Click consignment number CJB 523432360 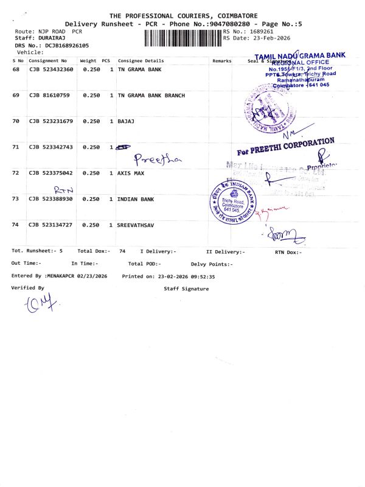[x=51, y=70]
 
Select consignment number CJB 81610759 [x=49, y=96]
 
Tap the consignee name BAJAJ [x=125, y=121]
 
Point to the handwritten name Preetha [x=157, y=159]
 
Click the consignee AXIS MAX [x=131, y=173]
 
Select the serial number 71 [x=16, y=147]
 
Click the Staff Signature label [x=186, y=289]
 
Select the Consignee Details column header [x=141, y=61]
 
